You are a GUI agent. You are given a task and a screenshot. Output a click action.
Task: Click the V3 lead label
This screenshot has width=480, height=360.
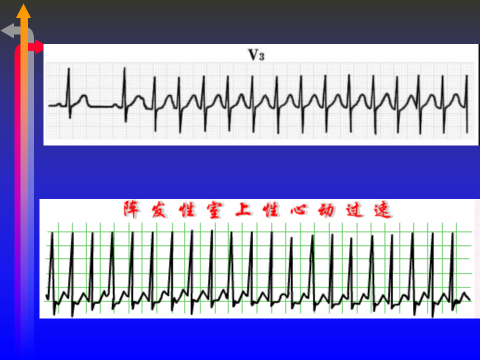[x=256, y=55]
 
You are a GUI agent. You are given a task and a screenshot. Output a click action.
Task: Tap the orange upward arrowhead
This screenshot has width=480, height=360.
[x=23, y=11]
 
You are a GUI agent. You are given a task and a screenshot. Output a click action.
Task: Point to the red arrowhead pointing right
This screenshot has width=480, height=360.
[x=38, y=48]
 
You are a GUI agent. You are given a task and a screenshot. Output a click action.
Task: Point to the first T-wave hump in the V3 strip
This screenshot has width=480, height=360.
[x=84, y=97]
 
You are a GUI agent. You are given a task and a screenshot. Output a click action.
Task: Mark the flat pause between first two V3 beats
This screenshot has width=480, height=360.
[x=102, y=106]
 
